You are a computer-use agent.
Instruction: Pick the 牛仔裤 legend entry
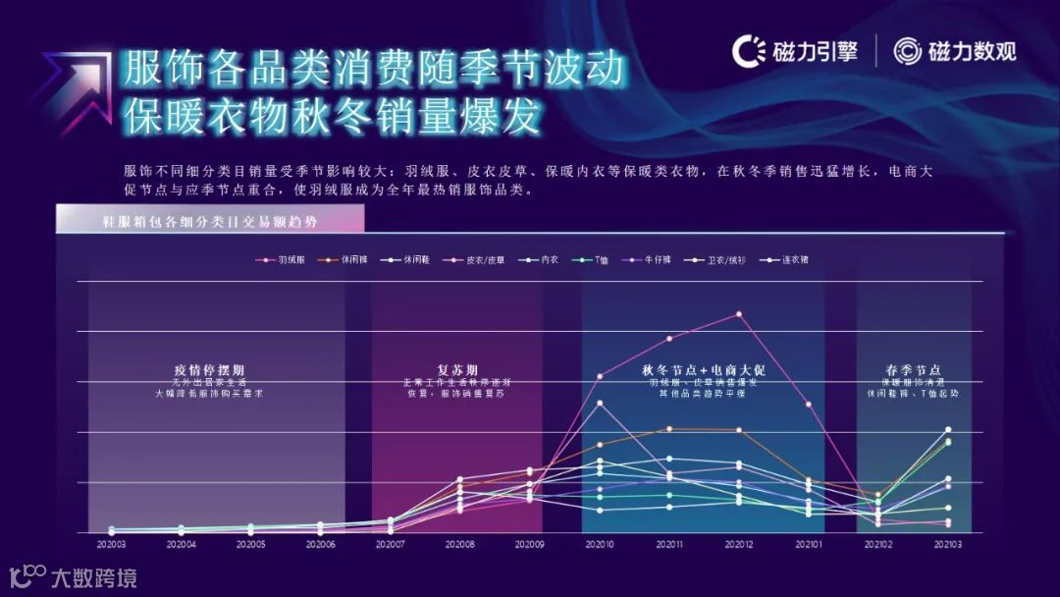[652, 260]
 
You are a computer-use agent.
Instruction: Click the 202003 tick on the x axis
[111, 543]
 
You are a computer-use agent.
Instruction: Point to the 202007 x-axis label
[390, 543]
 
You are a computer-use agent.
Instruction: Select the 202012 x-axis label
[738, 543]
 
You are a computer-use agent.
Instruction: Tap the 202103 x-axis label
[947, 543]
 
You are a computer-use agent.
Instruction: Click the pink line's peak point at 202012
[739, 314]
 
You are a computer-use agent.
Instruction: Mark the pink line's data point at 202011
[669, 339]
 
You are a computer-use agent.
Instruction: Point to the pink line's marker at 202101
[809, 405]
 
